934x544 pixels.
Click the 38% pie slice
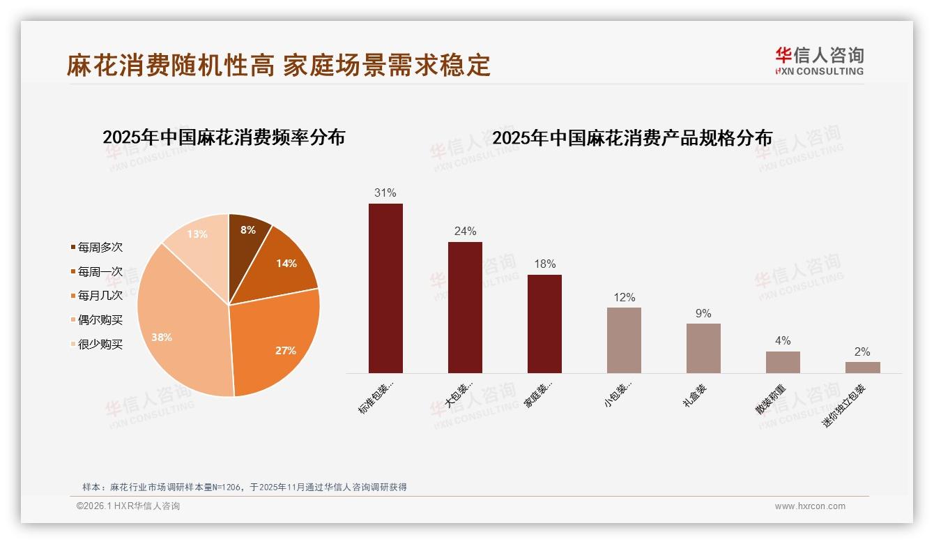coord(178,328)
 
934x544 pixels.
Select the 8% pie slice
coord(247,234)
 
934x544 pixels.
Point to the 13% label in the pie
coord(197,234)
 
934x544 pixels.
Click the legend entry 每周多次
coord(100,248)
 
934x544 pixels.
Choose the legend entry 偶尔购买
coord(100,320)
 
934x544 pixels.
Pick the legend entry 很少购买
coord(100,344)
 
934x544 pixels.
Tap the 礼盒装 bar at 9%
coord(703,348)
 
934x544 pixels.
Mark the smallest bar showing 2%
coord(862,368)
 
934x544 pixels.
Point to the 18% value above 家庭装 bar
coord(544,264)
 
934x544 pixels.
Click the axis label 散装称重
coord(771,399)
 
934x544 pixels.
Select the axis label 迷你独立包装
coord(845,405)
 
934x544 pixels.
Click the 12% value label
coord(624,298)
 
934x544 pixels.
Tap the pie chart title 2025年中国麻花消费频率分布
coord(224,137)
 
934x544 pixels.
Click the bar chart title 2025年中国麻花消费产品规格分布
coord(632,138)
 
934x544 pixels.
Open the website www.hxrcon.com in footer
coord(810,506)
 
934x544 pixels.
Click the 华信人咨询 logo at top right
coord(819,61)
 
